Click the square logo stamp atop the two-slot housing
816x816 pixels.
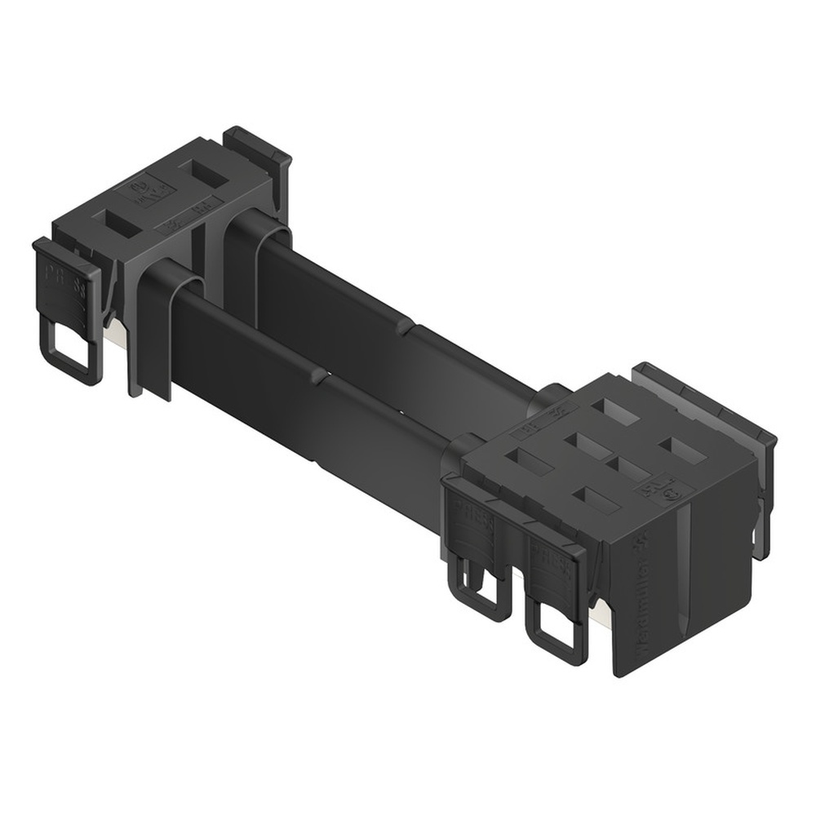(x=149, y=193)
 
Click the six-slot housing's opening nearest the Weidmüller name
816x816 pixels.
(x=595, y=499)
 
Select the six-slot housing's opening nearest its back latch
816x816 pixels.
(x=679, y=446)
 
